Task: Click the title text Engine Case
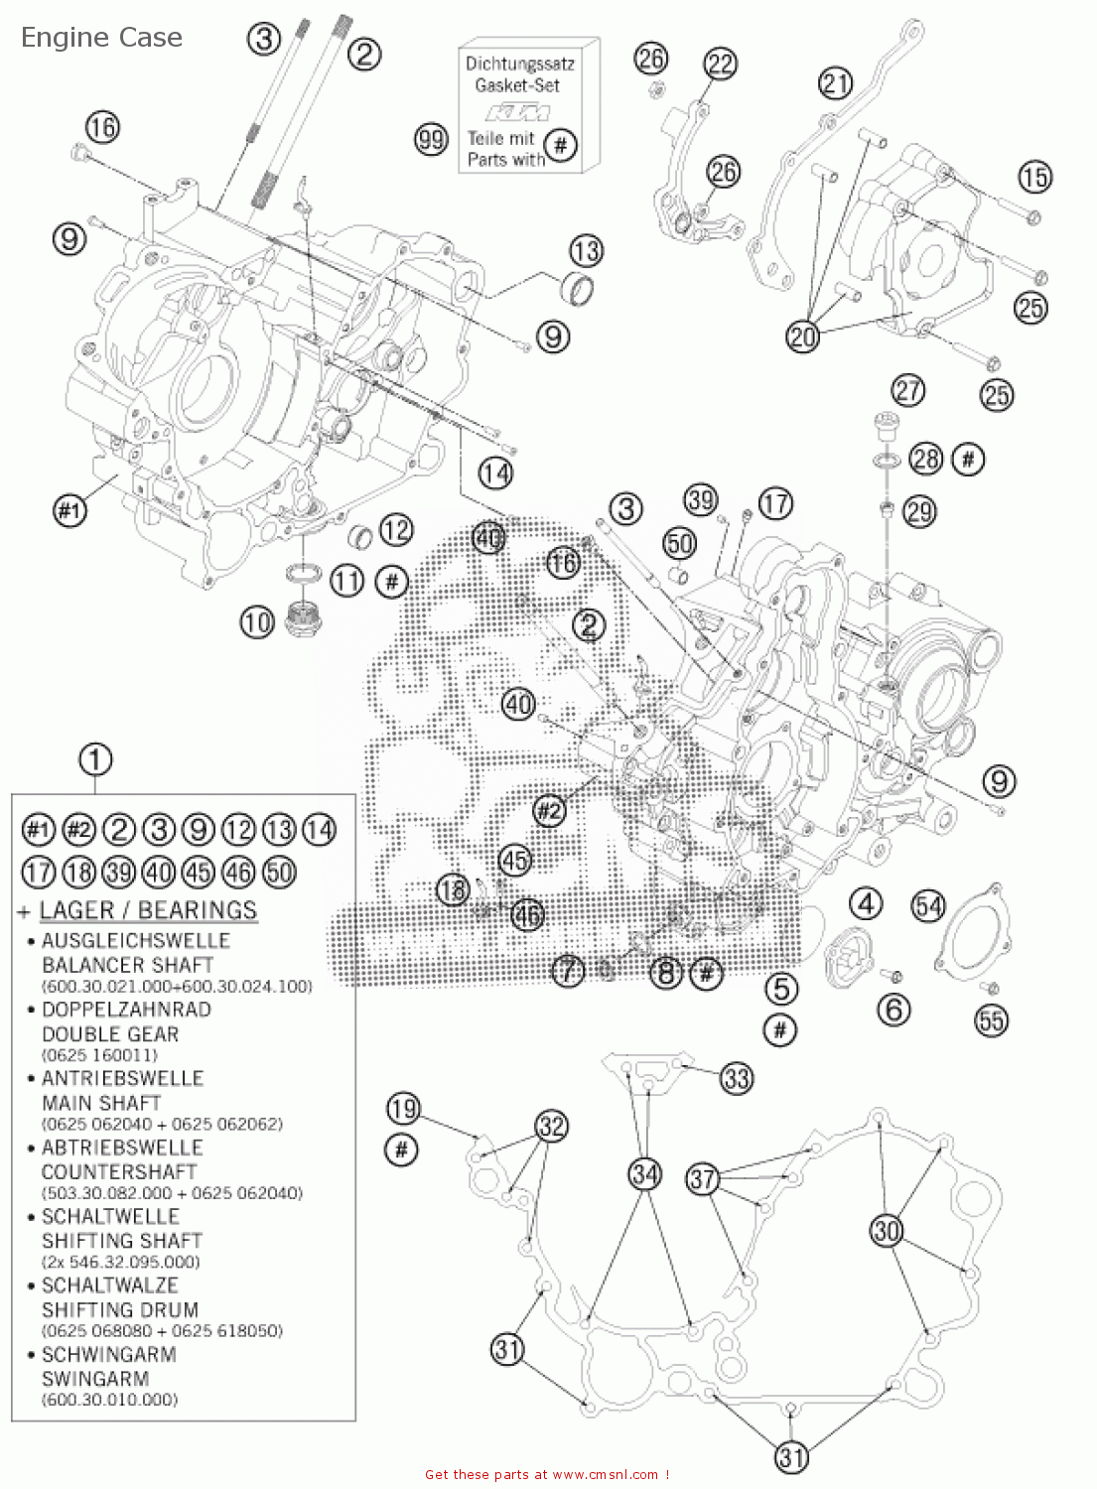(x=101, y=38)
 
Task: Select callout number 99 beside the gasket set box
(x=431, y=139)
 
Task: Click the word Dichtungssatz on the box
(x=519, y=64)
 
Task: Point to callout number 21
(x=835, y=82)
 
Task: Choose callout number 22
(x=720, y=65)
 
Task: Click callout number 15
(x=1034, y=178)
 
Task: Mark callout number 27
(x=907, y=390)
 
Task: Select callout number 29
(x=919, y=511)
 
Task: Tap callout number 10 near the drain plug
(x=256, y=622)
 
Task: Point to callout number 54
(x=928, y=905)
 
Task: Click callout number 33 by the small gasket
(x=737, y=1078)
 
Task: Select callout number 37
(x=702, y=1178)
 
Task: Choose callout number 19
(x=403, y=1108)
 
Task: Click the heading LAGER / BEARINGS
(x=148, y=910)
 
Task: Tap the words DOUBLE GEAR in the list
(x=110, y=1033)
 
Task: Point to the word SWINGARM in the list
(x=95, y=1379)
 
